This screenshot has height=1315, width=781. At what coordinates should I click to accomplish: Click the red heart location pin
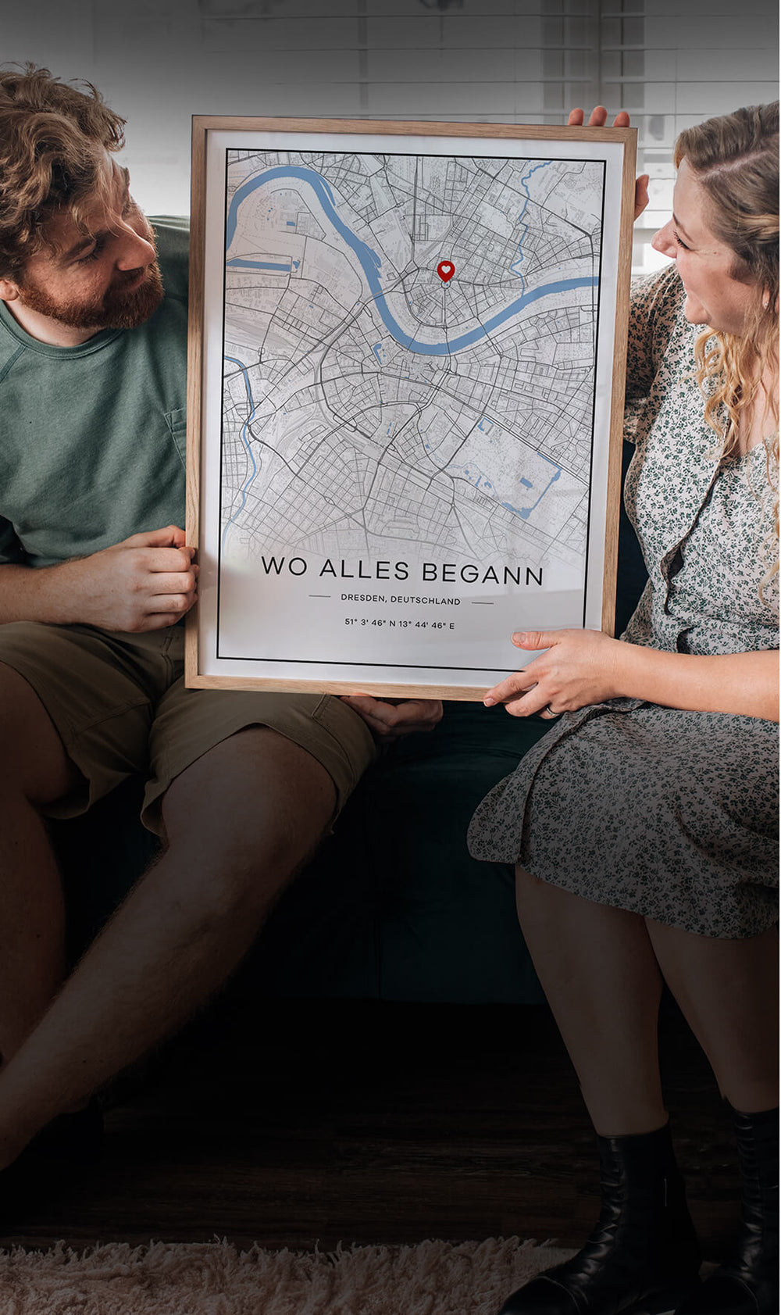click(x=445, y=271)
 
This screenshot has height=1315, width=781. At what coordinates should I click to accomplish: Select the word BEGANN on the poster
click(x=482, y=574)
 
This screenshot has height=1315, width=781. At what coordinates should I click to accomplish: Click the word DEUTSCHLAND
click(x=426, y=601)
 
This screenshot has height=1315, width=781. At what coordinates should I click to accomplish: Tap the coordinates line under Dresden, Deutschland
click(x=400, y=624)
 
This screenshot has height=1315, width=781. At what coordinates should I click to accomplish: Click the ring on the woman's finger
click(x=552, y=711)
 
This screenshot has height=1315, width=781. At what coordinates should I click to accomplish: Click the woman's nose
click(x=662, y=236)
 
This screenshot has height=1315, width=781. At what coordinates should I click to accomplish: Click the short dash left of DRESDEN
click(x=319, y=596)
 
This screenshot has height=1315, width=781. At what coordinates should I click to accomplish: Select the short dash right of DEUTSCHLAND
click(x=482, y=602)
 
